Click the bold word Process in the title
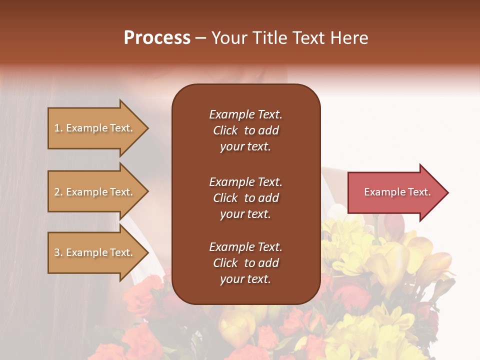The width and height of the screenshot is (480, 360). [157, 38]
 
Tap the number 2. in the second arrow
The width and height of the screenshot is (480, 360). [58, 192]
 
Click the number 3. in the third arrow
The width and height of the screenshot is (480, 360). [58, 252]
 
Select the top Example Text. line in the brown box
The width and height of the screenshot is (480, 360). [245, 114]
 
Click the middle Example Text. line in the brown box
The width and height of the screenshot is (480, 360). [245, 182]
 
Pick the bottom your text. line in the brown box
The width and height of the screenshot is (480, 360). [245, 279]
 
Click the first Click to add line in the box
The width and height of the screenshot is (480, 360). [245, 130]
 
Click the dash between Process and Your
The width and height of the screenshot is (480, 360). [200, 38]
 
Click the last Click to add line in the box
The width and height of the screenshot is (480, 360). [245, 263]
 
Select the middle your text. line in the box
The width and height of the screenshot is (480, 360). [245, 214]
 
